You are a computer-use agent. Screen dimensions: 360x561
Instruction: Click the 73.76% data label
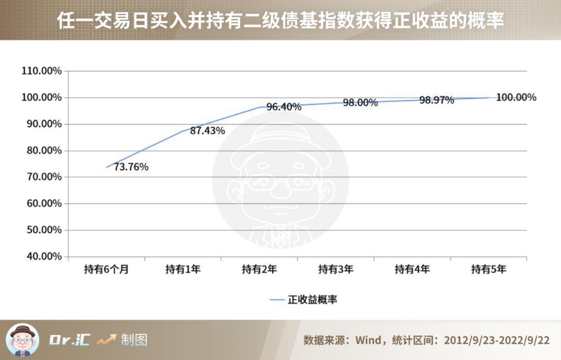pos(131,167)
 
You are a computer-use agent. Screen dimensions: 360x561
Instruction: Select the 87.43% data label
pos(207,131)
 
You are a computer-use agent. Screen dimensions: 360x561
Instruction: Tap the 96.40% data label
pos(284,107)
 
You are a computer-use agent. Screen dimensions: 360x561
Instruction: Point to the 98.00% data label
pos(360,103)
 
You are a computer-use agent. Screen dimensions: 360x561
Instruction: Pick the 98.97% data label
pos(436,100)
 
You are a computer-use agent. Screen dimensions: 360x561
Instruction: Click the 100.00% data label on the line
pos(516,97)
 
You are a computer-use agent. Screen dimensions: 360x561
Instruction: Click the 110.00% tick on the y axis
pos(42,71)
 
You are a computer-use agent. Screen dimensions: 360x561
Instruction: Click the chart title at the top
pos(280,21)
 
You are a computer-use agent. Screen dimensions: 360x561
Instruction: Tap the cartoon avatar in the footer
pos(22,340)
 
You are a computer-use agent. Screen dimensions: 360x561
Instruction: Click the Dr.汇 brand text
pos(70,340)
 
